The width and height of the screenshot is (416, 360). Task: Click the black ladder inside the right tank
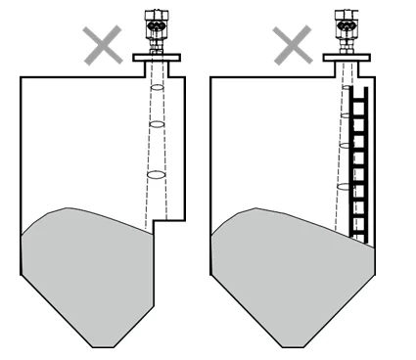358,161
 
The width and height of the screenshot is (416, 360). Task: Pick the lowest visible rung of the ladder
358,235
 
